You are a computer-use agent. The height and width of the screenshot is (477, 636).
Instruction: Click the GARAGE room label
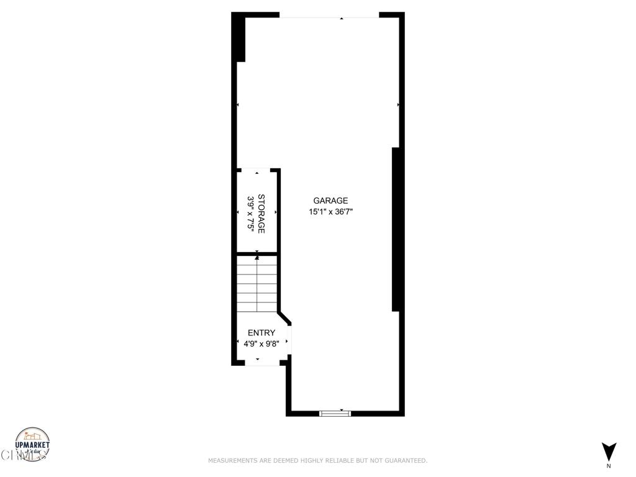330,201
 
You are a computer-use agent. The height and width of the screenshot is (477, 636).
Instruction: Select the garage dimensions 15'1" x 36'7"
335,212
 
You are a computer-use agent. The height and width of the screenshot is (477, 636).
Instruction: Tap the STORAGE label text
261,214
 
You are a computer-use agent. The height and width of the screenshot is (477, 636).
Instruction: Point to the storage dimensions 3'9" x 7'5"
251,214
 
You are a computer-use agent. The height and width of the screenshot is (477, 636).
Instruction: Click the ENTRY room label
261,333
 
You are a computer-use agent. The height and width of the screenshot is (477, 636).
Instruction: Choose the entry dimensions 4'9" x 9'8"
261,343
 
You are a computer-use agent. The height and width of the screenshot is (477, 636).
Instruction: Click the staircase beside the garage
257,284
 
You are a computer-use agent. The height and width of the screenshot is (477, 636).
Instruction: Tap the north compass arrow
609,451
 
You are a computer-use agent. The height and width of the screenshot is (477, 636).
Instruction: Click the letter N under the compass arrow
609,466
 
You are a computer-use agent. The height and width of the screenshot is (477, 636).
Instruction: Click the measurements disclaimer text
317,461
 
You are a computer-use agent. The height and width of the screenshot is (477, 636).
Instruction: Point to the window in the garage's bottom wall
335,413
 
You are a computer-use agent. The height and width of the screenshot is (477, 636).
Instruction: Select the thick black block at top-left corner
238,37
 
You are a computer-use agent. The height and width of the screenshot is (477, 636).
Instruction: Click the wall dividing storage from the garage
279,211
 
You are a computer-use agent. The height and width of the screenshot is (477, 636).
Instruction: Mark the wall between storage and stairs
257,253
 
